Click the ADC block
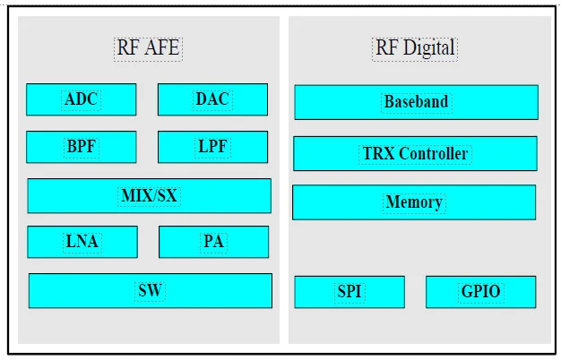pyautogui.click(x=82, y=99)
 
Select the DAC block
pyautogui.click(x=212, y=99)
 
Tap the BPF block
pyautogui.click(x=82, y=147)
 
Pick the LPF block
pyautogui.click(x=212, y=147)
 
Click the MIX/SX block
pyautogui.click(x=149, y=196)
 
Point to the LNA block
pyautogui.click(x=82, y=242)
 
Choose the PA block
pyautogui.click(x=213, y=242)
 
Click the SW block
pyautogui.click(x=151, y=291)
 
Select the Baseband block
pyautogui.click(x=416, y=102)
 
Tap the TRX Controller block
pyautogui.click(x=415, y=153)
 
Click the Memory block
pyautogui.click(x=414, y=202)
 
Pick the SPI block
pyautogui.click(x=350, y=292)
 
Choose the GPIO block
pyautogui.click(x=481, y=292)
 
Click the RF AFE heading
pyautogui.click(x=148, y=47)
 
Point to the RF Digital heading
pyautogui.click(x=415, y=47)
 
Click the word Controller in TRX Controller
pyautogui.click(x=433, y=154)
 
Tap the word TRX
pyautogui.click(x=379, y=154)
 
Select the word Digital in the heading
pyautogui.click(x=429, y=47)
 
